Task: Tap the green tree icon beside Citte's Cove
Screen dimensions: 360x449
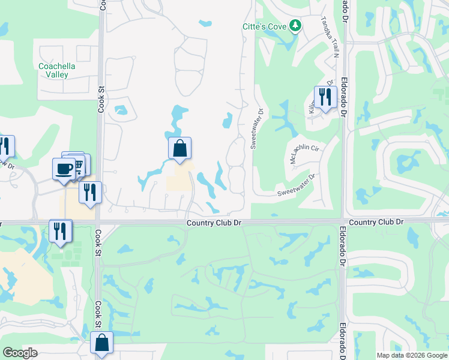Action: pos(295,26)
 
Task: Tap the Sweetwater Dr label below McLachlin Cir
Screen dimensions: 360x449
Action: pos(297,185)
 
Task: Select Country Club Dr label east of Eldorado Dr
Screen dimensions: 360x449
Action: pos(376,222)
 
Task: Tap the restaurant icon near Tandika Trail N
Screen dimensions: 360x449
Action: pos(325,97)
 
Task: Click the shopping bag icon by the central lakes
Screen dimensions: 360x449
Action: pos(180,148)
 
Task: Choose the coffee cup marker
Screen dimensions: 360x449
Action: pos(64,169)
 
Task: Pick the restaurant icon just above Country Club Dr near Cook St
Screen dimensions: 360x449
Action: pos(90,192)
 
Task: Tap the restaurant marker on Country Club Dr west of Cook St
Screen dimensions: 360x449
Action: pos(60,231)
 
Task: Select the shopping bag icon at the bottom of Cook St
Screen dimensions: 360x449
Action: pos(102,344)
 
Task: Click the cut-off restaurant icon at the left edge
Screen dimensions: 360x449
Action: pos(5,146)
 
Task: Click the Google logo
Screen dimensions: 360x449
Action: pos(19,353)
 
